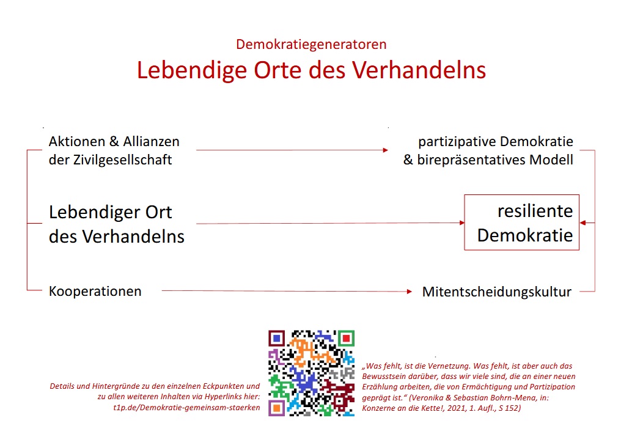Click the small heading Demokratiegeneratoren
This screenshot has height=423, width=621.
pos(311,44)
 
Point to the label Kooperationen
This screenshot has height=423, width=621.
pos(95,291)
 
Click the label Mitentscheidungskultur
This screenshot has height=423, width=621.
pos(496,292)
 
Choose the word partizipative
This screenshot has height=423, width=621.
pos(457,142)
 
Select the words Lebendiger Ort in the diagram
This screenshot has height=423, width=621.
pos(111,213)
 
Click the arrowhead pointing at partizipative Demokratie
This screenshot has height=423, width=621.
pos(385,150)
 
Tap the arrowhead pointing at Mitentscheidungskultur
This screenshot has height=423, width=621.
pos(409,292)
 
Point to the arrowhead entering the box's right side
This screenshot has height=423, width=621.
pos(583,223)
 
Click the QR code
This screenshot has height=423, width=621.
pos(311,373)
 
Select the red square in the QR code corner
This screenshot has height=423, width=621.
pos(345,338)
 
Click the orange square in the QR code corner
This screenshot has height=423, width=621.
pos(276,407)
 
